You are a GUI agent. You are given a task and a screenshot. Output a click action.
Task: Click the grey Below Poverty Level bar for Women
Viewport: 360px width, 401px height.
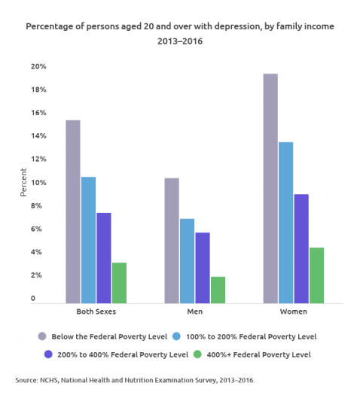[x=270, y=188]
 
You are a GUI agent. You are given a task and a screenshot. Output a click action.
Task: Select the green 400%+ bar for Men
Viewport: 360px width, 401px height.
[x=218, y=290]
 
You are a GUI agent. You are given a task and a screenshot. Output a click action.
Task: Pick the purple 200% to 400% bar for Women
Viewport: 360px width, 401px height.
[x=301, y=248]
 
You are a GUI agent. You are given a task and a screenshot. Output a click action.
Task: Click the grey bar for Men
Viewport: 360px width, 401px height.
[x=172, y=240]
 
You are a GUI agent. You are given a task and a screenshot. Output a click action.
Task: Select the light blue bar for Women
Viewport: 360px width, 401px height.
[x=285, y=222]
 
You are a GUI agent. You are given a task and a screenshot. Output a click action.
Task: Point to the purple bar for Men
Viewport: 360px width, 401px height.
[x=203, y=267]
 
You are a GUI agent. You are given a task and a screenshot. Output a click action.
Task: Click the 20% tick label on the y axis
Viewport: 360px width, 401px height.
[x=38, y=66]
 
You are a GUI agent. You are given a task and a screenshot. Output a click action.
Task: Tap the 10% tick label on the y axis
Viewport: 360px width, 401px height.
[x=38, y=183]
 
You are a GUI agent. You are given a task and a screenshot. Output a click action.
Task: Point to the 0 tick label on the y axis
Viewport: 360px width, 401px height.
[x=32, y=299]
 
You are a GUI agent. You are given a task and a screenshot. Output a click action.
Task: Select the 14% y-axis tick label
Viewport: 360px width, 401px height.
[x=38, y=136]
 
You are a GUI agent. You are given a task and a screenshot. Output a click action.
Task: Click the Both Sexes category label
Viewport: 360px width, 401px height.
[x=96, y=311]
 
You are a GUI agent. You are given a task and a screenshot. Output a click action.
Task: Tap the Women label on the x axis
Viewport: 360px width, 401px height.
[x=293, y=311]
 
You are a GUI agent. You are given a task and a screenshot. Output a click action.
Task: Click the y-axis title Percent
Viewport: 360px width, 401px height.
[x=23, y=183]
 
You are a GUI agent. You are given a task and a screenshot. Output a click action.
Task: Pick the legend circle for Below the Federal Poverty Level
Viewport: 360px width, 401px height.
[x=43, y=336]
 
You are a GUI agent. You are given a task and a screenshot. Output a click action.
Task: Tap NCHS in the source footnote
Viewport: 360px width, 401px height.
[x=49, y=381]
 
